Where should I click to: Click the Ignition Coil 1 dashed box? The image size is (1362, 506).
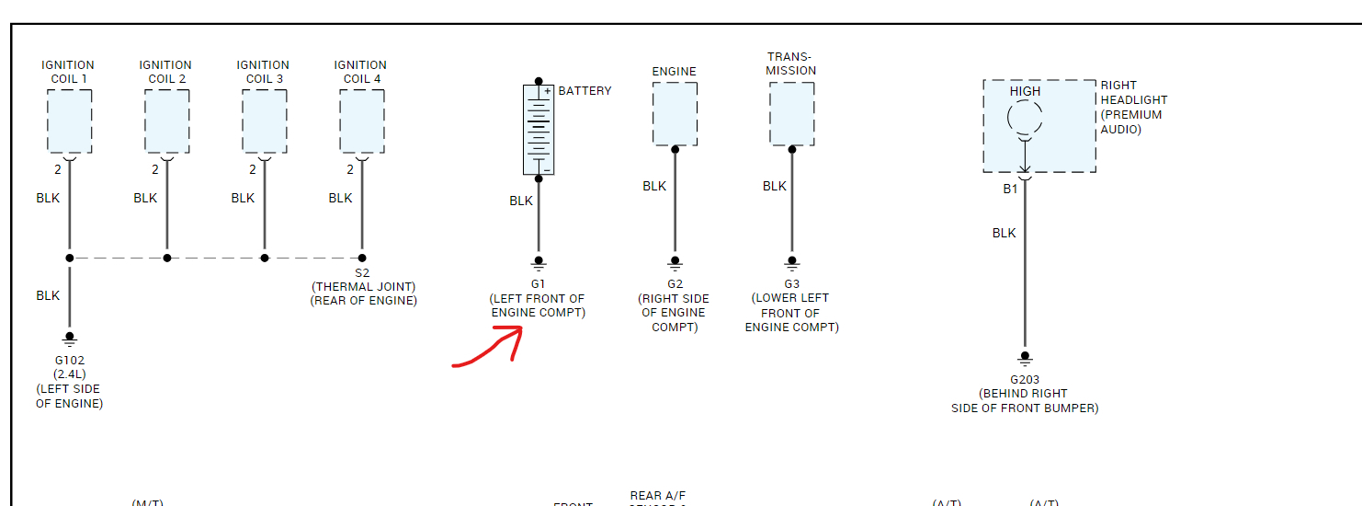(x=69, y=121)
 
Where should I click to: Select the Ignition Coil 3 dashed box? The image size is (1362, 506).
(x=264, y=121)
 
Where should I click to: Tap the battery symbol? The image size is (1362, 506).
(x=539, y=129)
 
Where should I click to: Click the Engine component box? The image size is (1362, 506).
(x=675, y=113)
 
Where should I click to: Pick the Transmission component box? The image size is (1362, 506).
(x=791, y=113)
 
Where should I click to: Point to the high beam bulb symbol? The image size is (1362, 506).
(x=1025, y=119)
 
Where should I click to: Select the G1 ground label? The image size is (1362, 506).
(x=538, y=284)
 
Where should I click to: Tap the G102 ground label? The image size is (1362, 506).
(x=70, y=360)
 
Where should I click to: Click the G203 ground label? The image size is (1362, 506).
(x=1025, y=379)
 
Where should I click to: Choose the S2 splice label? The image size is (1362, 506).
(x=362, y=273)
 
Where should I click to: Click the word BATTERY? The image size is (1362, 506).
(x=585, y=91)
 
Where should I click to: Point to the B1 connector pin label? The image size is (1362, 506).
(x=1010, y=189)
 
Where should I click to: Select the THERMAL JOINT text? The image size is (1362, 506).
(x=363, y=287)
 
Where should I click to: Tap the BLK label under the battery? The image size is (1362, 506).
(x=521, y=201)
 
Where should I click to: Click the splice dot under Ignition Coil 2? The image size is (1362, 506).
(x=166, y=258)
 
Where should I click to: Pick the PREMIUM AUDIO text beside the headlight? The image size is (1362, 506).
(x=1131, y=122)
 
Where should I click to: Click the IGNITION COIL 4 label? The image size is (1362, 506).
(x=360, y=72)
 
